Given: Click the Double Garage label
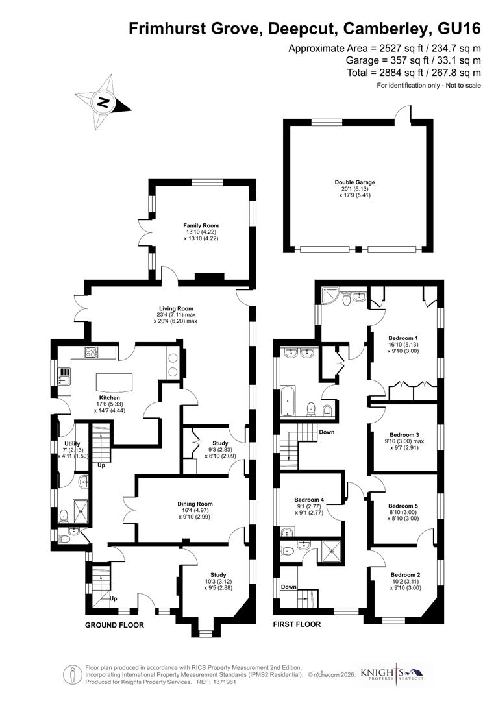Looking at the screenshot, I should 355,183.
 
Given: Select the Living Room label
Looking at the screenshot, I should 177,309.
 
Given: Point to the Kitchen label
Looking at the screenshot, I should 110,397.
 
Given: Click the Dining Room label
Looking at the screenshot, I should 195,504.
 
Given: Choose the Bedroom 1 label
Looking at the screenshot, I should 403,338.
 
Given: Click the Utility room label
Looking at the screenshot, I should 72,443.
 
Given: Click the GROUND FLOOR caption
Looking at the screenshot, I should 114,625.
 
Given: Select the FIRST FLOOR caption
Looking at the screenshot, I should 297,625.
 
